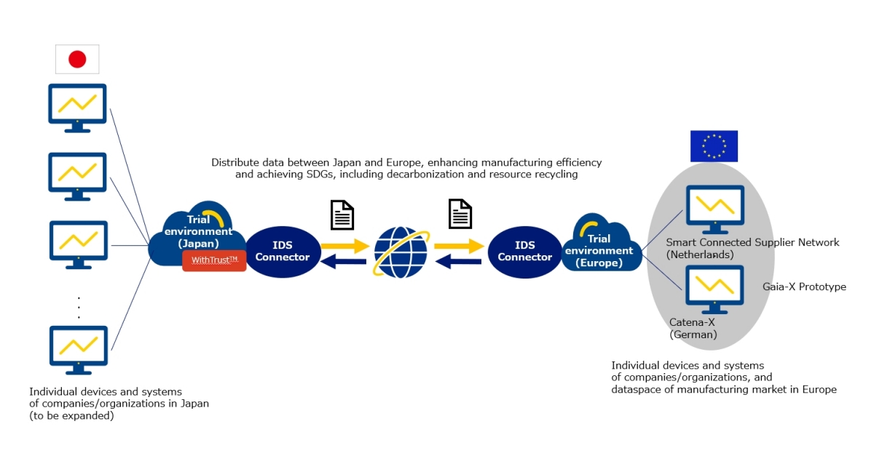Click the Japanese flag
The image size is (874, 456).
[77, 59]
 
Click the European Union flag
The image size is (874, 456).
[714, 146]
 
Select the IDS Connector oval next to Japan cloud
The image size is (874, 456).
[283, 252]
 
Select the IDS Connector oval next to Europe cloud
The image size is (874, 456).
[524, 252]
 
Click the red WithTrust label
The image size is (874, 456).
[214, 260]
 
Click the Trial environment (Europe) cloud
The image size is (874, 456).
[599, 246]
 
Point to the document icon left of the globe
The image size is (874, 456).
[342, 215]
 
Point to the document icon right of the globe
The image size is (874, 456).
[460, 214]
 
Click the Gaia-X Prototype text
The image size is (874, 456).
[804, 287]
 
